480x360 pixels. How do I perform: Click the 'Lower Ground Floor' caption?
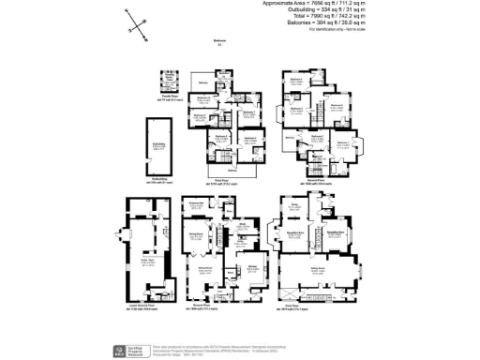point(145,306)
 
